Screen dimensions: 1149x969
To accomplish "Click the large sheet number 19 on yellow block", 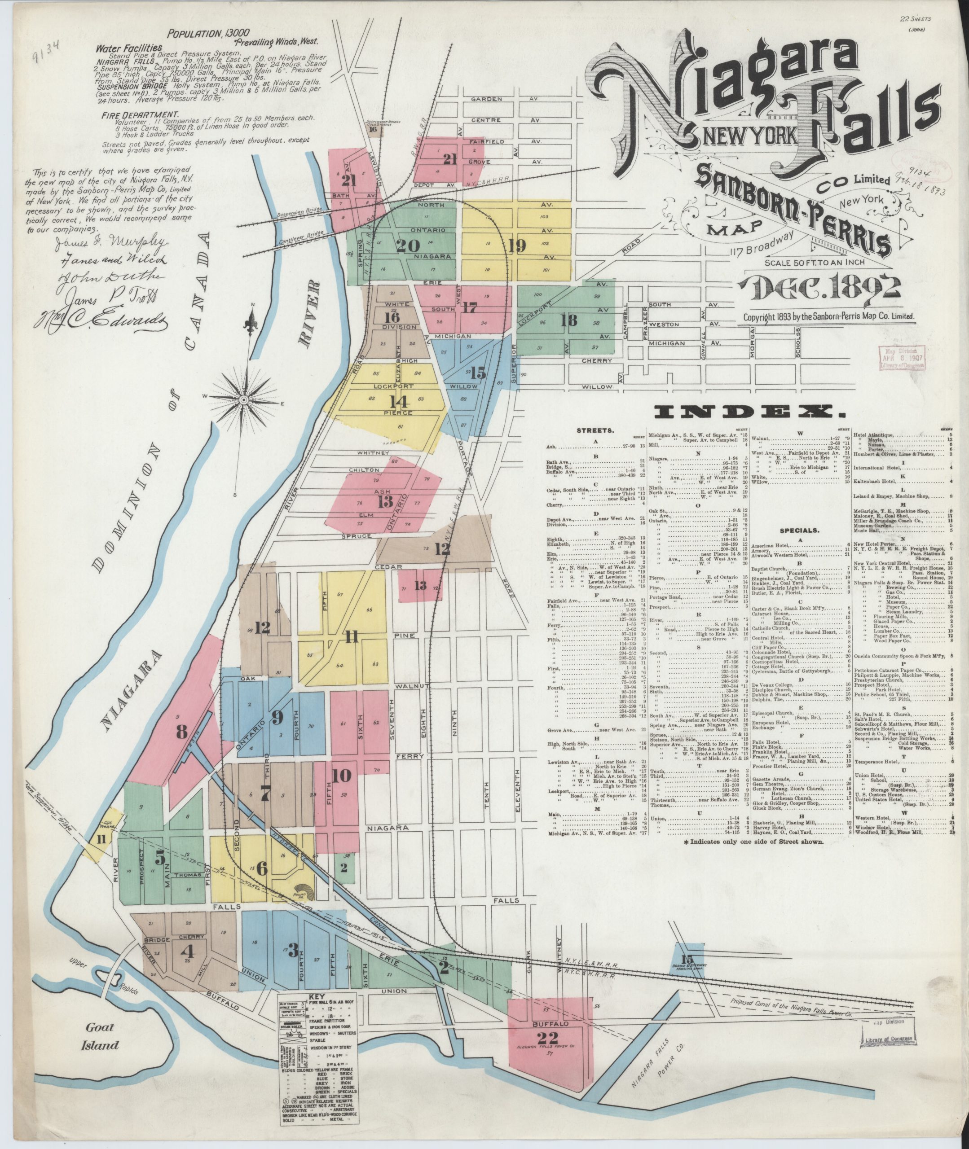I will pyautogui.click(x=517, y=246).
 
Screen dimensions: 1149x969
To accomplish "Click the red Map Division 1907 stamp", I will pyautogui.click(x=902, y=357).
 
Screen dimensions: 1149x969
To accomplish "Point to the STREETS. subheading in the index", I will pyautogui.click(x=591, y=431).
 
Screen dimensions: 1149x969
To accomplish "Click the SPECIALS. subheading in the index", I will pyautogui.click(x=799, y=531).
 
